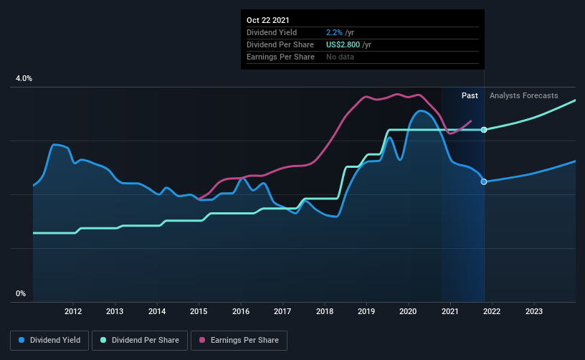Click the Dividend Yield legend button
49,340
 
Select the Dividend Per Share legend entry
140,340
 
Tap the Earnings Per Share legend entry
239,340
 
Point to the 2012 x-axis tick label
72,311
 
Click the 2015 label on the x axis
199,311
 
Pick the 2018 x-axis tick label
325,311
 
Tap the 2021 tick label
450,311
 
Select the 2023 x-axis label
534,311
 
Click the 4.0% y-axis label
24,78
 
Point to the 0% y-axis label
21,293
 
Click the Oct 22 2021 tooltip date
268,20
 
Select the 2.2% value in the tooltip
334,32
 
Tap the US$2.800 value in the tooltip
343,44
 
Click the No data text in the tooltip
340,57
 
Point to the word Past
470,95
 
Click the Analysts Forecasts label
524,95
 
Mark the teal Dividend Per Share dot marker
484,130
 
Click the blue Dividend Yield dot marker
484,181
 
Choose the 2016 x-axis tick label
241,311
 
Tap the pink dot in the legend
202,340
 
